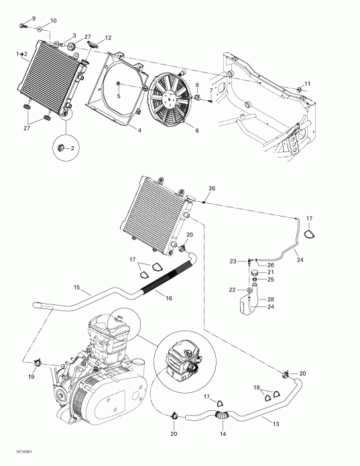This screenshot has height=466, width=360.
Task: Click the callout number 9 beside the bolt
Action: point(35,16)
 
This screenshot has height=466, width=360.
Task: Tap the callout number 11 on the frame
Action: point(308,84)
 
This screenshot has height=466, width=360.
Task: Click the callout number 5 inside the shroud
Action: point(119,95)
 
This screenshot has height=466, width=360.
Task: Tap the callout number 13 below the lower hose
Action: point(276,423)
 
